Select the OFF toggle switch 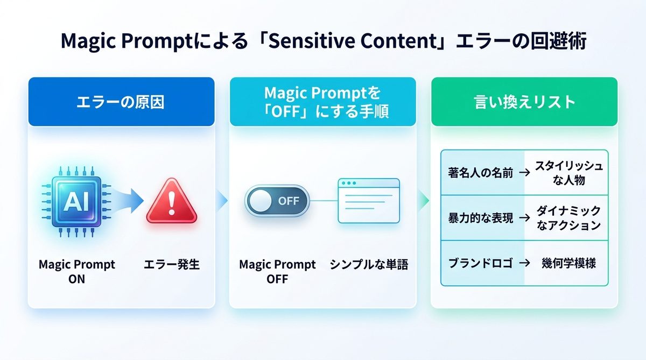pyautogui.click(x=277, y=202)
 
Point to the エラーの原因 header pyautogui.click(x=121, y=102)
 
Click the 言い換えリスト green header pyautogui.click(x=524, y=102)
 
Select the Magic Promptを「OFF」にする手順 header pyautogui.click(x=322, y=102)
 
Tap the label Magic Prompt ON pyautogui.click(x=76, y=272)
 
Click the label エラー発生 pyautogui.click(x=172, y=265)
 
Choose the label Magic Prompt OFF pyautogui.click(x=277, y=272)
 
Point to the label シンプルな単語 pyautogui.click(x=369, y=265)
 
